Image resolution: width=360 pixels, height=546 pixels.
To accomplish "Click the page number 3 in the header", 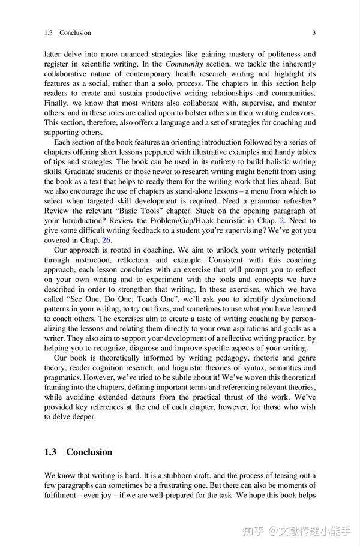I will (314, 32).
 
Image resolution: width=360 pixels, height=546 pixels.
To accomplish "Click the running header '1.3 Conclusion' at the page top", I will (68, 32).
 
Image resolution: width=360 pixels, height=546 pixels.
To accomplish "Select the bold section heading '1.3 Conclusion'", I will (78, 452).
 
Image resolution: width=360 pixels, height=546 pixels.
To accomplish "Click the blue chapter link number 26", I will (106, 240).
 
